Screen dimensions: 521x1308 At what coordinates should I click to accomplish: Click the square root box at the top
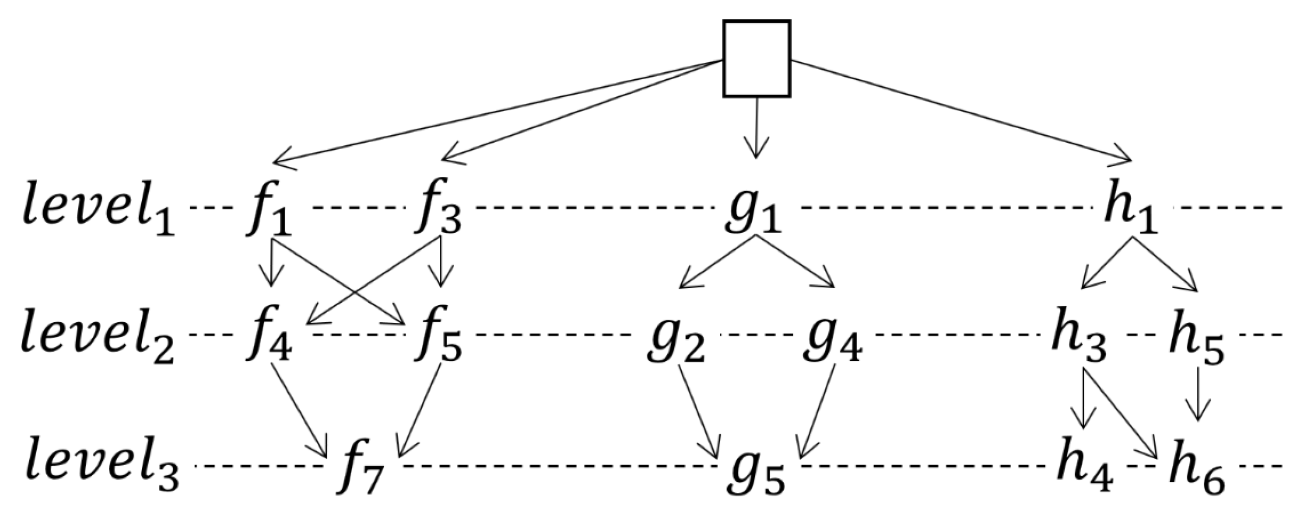(757, 59)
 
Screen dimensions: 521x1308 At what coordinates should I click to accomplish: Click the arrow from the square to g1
(756, 127)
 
